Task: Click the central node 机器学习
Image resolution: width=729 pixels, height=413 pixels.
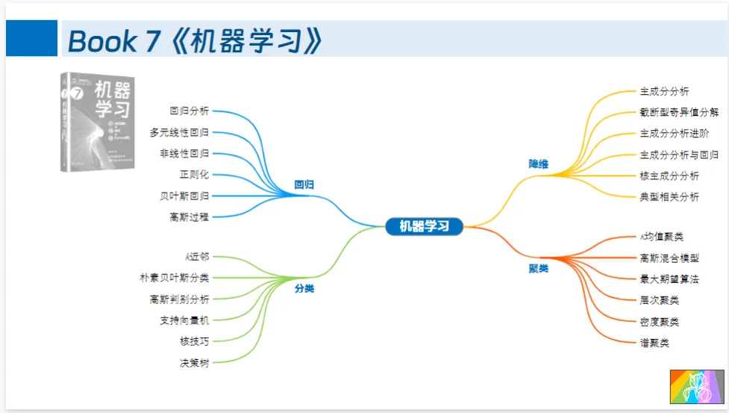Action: (x=425, y=226)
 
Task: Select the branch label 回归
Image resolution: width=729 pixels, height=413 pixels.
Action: (x=304, y=184)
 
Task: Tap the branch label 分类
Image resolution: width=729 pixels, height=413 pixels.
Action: (x=304, y=288)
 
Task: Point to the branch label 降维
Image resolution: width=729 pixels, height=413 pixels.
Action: (x=538, y=164)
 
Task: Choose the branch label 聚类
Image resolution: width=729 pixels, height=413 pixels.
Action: (x=538, y=268)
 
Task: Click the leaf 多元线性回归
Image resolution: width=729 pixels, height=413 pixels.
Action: (x=179, y=132)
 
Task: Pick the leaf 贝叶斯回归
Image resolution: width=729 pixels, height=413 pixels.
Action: (x=184, y=196)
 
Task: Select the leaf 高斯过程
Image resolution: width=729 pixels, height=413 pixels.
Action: (x=189, y=217)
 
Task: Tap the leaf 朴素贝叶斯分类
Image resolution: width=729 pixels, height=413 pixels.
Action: (x=175, y=278)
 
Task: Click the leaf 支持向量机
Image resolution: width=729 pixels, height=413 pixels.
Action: (x=184, y=320)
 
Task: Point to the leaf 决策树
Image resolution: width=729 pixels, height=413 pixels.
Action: (x=194, y=363)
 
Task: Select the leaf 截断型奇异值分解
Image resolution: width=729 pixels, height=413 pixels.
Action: (x=679, y=113)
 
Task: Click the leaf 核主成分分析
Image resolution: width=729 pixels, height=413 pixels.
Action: (x=669, y=176)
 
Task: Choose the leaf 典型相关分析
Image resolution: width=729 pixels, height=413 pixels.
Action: (x=669, y=197)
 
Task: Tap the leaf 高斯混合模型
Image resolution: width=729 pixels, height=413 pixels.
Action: (x=669, y=258)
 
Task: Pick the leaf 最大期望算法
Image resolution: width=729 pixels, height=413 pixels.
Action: (x=669, y=279)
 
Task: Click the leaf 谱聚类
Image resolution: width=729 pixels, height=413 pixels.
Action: (x=654, y=344)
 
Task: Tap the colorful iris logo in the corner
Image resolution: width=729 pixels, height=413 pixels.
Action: (x=697, y=386)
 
